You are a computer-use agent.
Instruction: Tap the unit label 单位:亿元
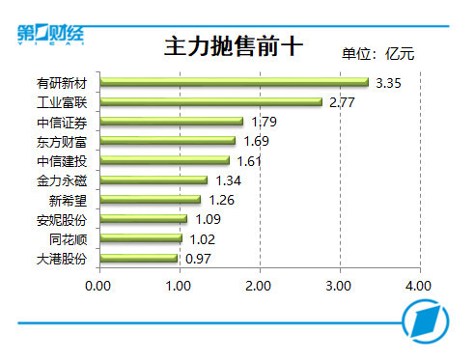point(377,54)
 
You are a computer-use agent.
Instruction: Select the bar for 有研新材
point(233,82)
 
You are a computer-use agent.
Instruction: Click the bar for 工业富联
point(209,101)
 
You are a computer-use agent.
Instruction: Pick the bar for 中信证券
point(170,122)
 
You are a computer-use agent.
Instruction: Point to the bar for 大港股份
point(137,259)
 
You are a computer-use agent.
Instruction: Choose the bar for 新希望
point(149,200)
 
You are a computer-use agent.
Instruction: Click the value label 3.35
point(387,83)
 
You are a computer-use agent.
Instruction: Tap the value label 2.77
point(342,102)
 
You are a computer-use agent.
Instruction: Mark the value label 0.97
point(196,259)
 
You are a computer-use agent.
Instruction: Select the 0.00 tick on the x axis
point(98,287)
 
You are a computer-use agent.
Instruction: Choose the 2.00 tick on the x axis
point(258,287)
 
